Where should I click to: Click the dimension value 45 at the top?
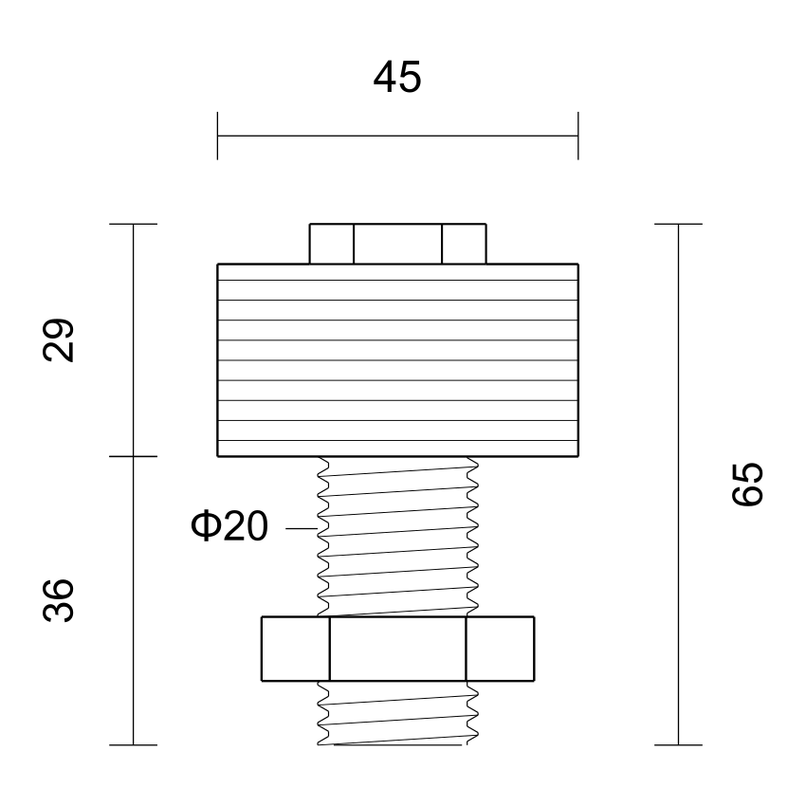397,77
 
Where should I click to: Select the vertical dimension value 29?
58,340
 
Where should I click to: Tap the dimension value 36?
58,600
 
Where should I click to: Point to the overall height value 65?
747,485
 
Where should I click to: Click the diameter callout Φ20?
229,526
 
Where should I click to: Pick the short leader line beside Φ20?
302,528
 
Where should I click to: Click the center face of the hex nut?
397,649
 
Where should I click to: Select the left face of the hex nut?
296,649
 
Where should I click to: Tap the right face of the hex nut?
500,649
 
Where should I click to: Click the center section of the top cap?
397,244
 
